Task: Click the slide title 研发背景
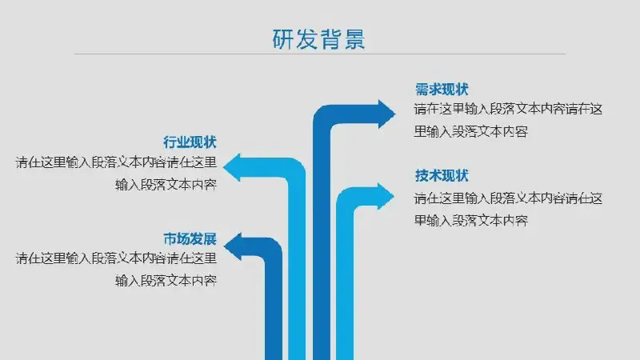[318, 39]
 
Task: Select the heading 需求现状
[442, 90]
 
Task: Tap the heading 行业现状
[190, 142]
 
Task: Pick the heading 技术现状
[442, 175]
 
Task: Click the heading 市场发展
[190, 238]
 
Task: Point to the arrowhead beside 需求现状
[386, 114]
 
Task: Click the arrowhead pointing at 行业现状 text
[232, 167]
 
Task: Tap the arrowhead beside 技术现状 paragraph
[386, 196]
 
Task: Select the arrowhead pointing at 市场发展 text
[233, 246]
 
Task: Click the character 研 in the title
[283, 39]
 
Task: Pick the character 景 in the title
[354, 39]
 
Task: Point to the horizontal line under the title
[319, 54]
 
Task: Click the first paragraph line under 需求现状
[508, 110]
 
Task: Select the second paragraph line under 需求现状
[471, 131]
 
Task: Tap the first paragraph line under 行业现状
[116, 162]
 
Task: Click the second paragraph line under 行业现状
[166, 185]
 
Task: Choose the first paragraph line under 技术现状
[508, 198]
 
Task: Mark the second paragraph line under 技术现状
[471, 221]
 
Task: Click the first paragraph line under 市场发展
[116, 258]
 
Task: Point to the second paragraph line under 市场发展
[166, 281]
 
